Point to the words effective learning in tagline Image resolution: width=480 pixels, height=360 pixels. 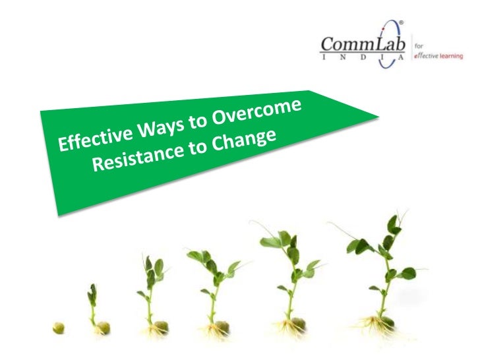click(439, 56)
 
